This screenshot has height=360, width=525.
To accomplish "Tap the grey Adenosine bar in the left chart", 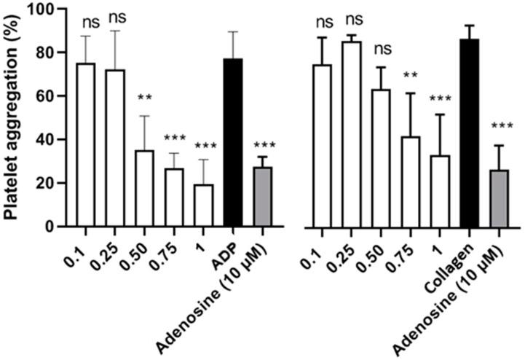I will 262,197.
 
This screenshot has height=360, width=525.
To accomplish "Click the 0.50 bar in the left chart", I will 145,189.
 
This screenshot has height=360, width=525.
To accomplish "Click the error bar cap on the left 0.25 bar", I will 116,31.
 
